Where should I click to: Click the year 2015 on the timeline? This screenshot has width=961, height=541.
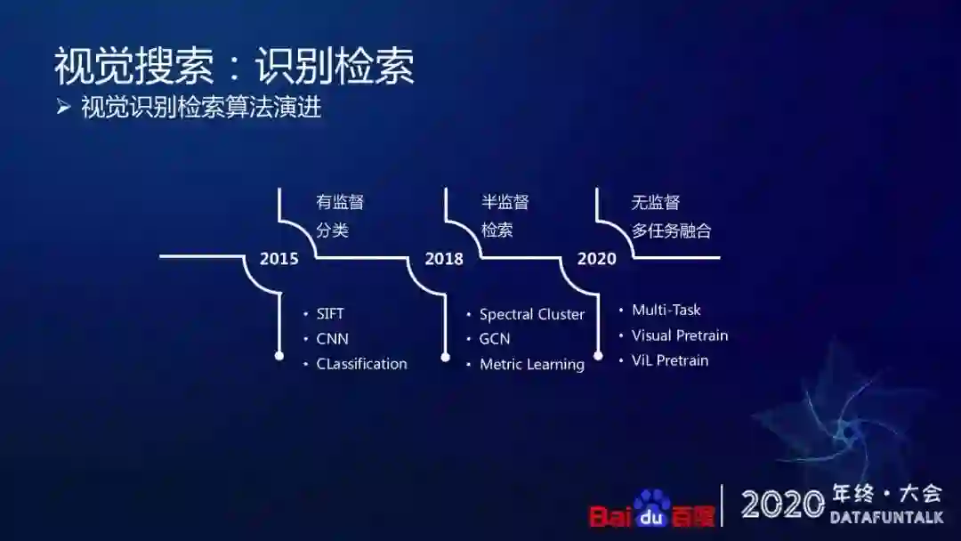(279, 259)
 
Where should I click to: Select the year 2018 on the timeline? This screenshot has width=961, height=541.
(444, 259)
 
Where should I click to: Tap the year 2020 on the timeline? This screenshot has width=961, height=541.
(596, 259)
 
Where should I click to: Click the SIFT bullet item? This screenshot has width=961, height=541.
(330, 314)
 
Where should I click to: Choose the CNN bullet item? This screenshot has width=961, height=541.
(332, 339)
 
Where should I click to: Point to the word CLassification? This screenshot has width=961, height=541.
(361, 364)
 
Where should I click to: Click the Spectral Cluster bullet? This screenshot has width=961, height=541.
(532, 314)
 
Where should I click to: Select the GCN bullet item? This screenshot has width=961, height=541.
(495, 339)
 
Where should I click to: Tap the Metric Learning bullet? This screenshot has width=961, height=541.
(532, 364)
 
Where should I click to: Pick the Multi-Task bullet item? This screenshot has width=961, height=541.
(666, 310)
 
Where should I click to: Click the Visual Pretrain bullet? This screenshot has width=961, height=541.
(680, 335)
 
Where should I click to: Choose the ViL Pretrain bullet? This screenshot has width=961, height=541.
(670, 360)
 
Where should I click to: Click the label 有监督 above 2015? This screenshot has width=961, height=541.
(340, 203)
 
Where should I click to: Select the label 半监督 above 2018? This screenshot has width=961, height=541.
(505, 203)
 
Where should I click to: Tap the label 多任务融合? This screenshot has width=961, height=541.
(672, 231)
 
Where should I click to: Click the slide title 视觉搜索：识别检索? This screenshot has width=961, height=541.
(234, 67)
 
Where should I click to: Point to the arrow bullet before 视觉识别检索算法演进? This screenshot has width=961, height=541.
(63, 108)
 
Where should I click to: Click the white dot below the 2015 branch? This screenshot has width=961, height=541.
(279, 356)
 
